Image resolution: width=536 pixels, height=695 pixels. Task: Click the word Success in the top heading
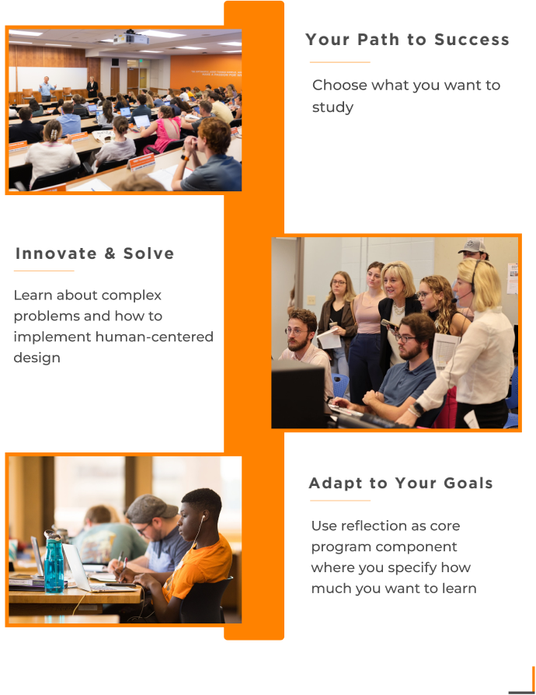(472, 40)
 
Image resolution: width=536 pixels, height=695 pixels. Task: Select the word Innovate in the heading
(56, 253)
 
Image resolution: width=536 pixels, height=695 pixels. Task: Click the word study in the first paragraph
(332, 107)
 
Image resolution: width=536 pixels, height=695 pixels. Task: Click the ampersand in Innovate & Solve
(110, 253)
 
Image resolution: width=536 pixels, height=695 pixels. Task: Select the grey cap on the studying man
(150, 508)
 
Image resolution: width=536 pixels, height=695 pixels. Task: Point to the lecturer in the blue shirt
(46, 89)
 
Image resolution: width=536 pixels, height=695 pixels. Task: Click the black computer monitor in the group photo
(299, 393)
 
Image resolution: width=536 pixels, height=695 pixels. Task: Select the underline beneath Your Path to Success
(339, 62)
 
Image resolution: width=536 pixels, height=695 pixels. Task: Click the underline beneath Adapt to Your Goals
(339, 501)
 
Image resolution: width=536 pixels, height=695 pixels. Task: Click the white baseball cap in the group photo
(472, 246)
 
